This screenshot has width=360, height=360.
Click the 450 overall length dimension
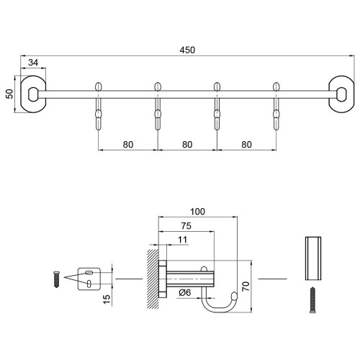(x=187, y=50)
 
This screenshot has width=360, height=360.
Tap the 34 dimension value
(x=33, y=63)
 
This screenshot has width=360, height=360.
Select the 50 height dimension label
(x=9, y=94)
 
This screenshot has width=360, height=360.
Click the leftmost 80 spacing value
(x=128, y=145)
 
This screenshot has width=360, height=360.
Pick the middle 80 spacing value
(x=187, y=145)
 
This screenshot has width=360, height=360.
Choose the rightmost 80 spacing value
(x=246, y=145)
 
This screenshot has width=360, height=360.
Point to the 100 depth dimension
(x=197, y=212)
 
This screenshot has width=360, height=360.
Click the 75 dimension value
(x=186, y=226)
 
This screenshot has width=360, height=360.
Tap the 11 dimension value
(x=182, y=240)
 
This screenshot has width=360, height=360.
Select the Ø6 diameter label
(x=185, y=292)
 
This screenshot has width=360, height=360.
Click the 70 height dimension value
(x=246, y=287)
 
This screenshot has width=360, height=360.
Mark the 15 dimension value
(x=107, y=299)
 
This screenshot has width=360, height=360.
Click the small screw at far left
(x=57, y=279)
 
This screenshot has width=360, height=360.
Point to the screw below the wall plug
(x=312, y=300)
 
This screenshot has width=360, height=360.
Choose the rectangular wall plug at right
(x=313, y=258)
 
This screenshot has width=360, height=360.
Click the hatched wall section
(x=153, y=279)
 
